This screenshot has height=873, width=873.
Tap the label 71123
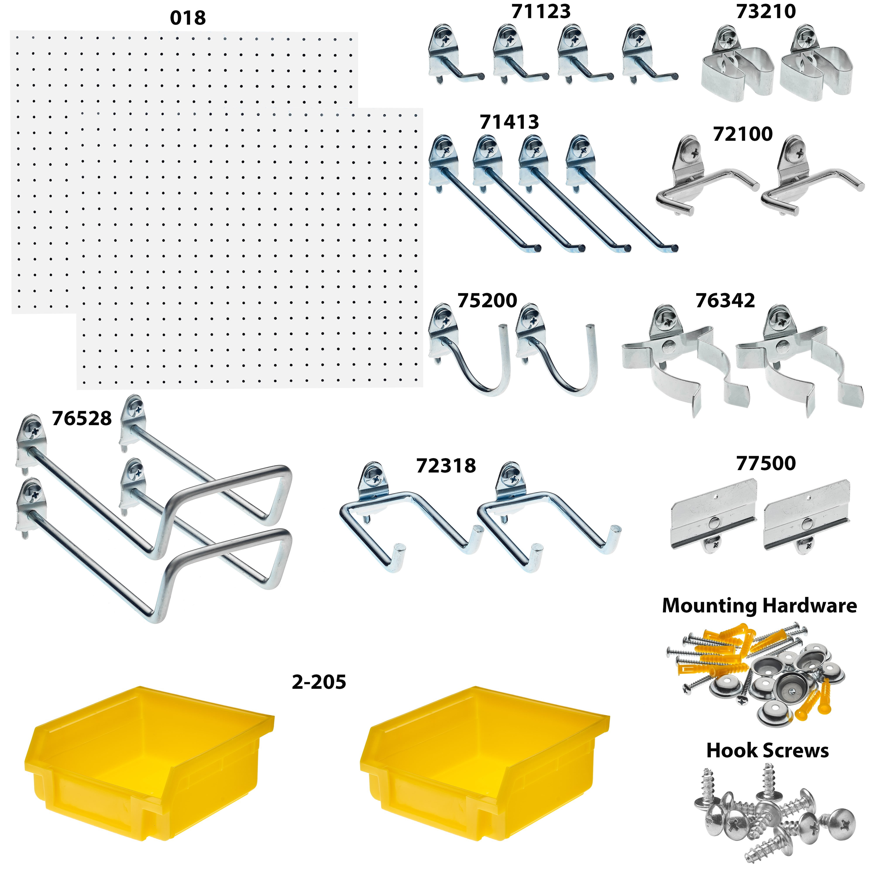pos(541,11)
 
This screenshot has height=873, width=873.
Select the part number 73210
pos(766,11)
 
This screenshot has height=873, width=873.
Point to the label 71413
pos(509,122)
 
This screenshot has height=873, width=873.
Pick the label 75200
pos(487,301)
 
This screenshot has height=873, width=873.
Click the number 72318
pos(446,466)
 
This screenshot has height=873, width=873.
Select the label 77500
pos(766,463)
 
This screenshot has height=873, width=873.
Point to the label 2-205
pos(319,682)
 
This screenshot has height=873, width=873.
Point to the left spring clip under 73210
pos(737,68)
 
